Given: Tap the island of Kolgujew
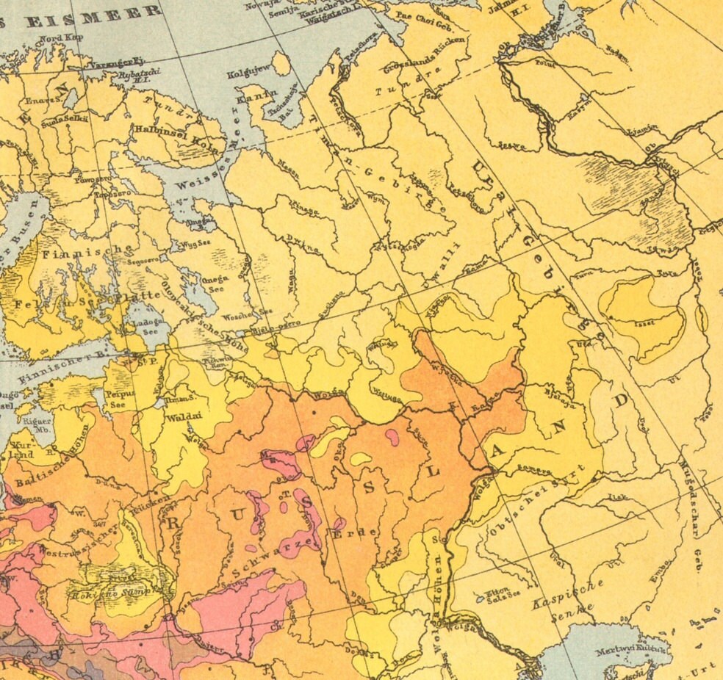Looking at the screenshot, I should [281, 63].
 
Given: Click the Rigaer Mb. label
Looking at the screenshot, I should [37, 426].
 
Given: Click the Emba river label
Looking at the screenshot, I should [657, 577].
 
